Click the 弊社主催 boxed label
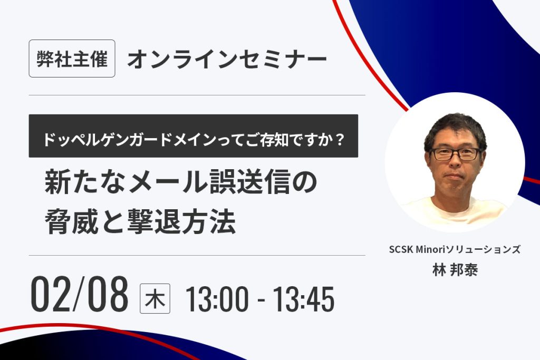(x=72, y=59)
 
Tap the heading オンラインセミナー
(x=227, y=59)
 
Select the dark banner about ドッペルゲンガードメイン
(x=193, y=136)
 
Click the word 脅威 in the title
(x=72, y=222)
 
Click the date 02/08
(x=80, y=294)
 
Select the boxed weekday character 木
(x=155, y=298)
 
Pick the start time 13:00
(x=217, y=299)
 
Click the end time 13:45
(x=304, y=299)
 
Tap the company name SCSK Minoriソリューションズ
(x=455, y=249)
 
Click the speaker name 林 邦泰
(x=455, y=270)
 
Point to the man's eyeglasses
(x=456, y=154)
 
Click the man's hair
(x=455, y=129)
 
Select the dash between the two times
(x=261, y=300)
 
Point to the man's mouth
(x=455, y=177)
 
